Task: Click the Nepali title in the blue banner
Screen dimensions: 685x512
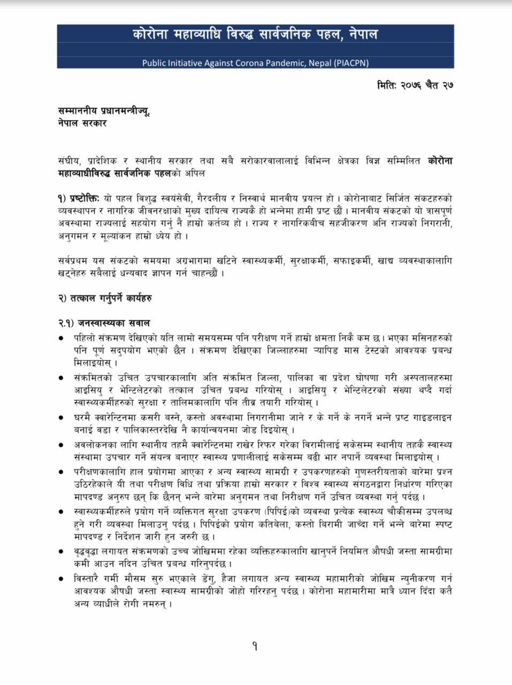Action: click(x=255, y=35)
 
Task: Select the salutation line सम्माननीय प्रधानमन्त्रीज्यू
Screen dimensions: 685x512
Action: click(x=104, y=111)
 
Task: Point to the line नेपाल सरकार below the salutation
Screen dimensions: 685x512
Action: click(x=83, y=123)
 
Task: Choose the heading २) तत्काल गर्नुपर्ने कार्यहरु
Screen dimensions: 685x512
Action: click(x=105, y=298)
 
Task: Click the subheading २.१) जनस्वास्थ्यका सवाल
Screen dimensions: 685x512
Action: click(x=104, y=323)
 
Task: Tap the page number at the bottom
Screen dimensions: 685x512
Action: click(x=255, y=646)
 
